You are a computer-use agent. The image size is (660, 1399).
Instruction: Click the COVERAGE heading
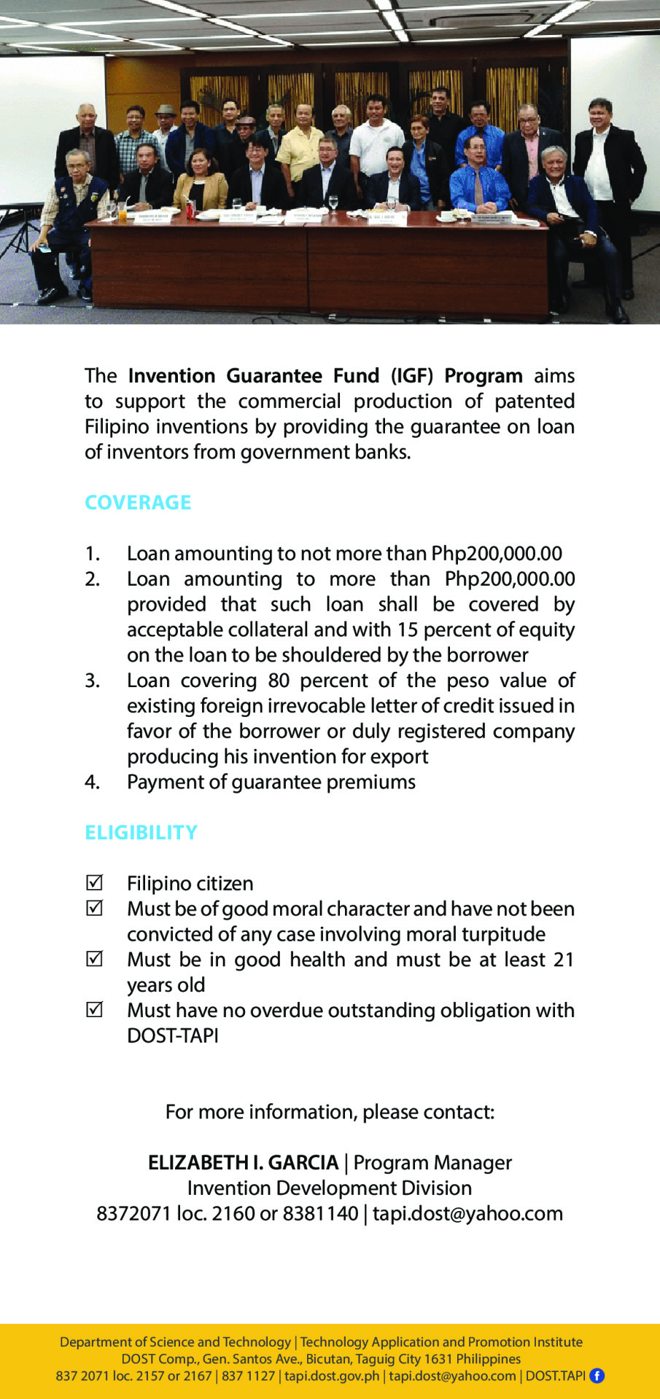tap(138, 503)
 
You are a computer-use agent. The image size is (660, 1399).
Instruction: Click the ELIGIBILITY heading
tap(141, 833)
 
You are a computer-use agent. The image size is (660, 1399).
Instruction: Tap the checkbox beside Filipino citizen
tap(94, 883)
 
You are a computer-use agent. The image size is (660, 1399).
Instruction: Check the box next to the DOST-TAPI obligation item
tap(94, 1010)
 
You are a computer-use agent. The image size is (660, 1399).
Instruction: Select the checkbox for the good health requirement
tap(94, 959)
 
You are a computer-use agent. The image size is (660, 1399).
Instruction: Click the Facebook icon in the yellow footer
tap(597, 1376)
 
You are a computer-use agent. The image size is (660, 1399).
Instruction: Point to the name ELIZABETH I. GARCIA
tap(243, 1163)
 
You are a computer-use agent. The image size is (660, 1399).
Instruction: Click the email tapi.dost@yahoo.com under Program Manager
tap(467, 1214)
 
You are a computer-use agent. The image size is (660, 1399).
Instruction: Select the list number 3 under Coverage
tap(92, 681)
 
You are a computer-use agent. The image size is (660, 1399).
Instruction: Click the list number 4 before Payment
tap(92, 783)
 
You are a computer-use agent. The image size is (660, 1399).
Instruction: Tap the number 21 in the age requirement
tap(564, 960)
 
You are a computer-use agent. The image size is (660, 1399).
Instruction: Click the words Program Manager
tap(432, 1163)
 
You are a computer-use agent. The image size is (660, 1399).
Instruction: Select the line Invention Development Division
tap(330, 1188)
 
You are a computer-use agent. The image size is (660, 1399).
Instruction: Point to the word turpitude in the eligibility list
tap(504, 934)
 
